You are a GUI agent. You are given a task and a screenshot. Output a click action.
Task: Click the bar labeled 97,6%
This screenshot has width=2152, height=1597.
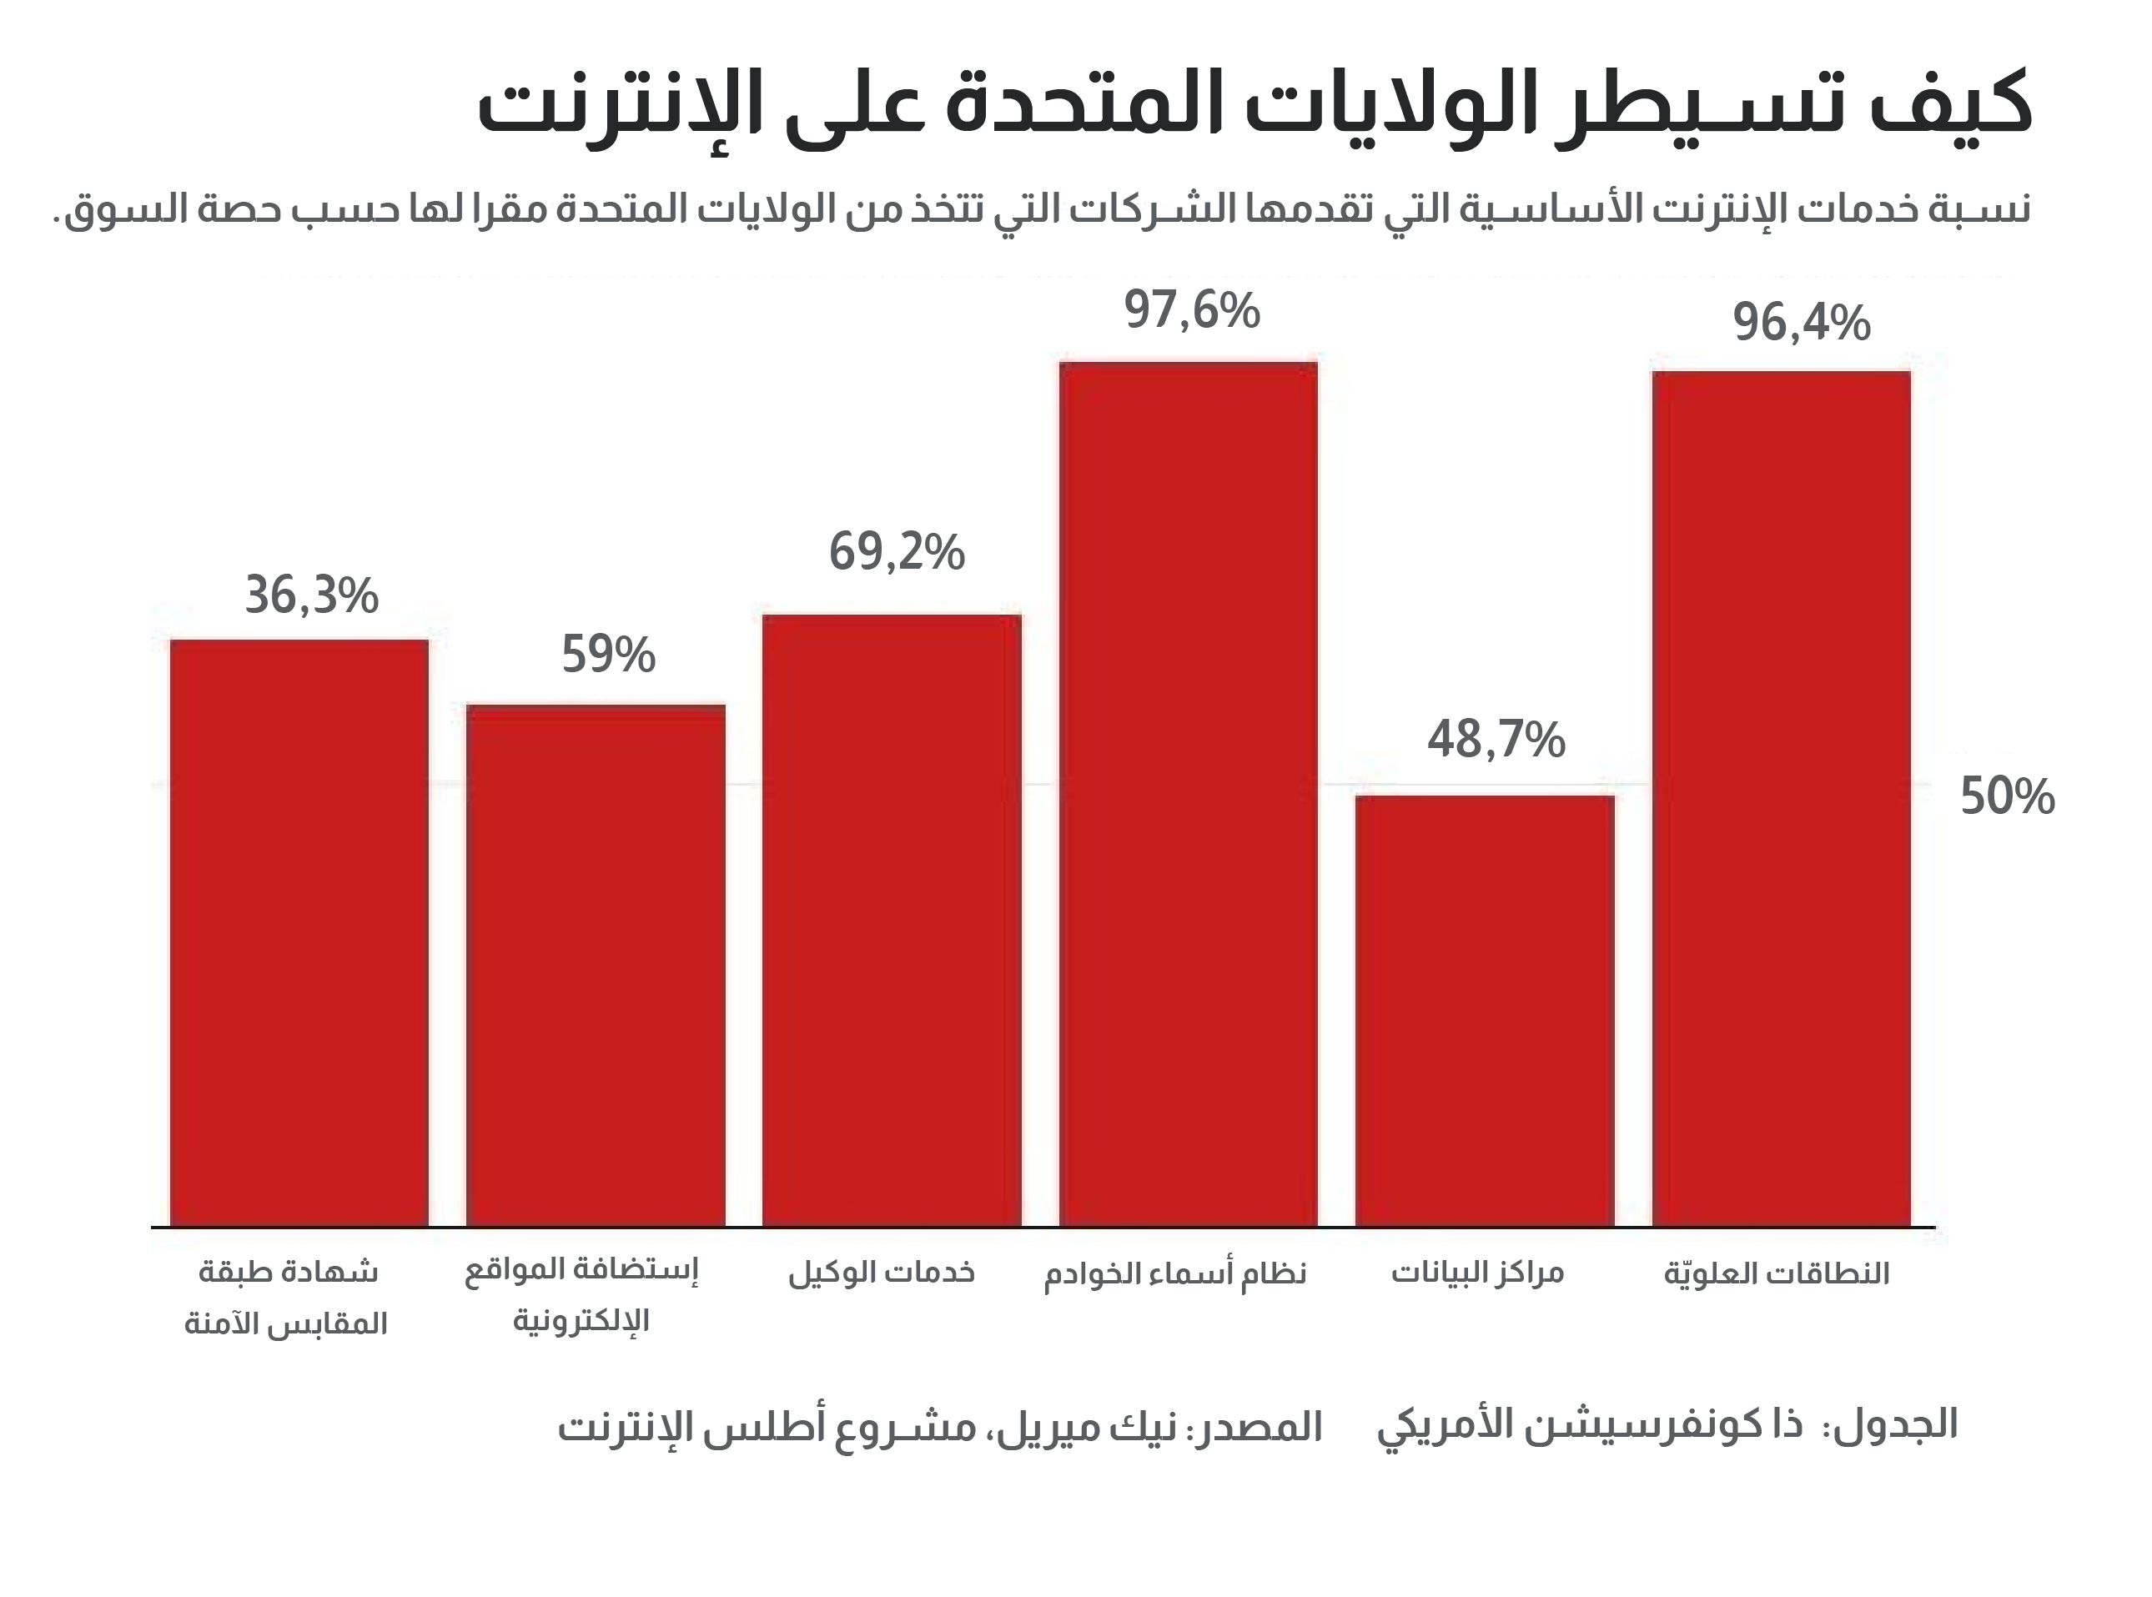coord(1188,793)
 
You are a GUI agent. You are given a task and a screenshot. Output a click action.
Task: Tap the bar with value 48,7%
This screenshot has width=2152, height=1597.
coord(1484,1010)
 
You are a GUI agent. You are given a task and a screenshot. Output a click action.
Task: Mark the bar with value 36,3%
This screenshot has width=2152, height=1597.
coord(299,933)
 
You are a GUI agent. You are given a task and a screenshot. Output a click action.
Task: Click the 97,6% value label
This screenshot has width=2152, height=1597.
coord(1191,311)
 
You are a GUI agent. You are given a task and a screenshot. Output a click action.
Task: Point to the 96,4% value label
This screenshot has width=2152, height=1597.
coord(1801,323)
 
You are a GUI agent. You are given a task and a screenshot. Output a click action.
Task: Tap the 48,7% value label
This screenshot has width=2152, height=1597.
coord(1496,740)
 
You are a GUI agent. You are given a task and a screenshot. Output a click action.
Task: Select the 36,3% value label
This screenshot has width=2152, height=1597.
coord(310,595)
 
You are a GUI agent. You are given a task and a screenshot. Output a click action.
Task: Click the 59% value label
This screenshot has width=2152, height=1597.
coord(608,655)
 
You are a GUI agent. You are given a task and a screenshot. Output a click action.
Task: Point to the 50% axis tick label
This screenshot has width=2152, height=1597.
coord(2007,797)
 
